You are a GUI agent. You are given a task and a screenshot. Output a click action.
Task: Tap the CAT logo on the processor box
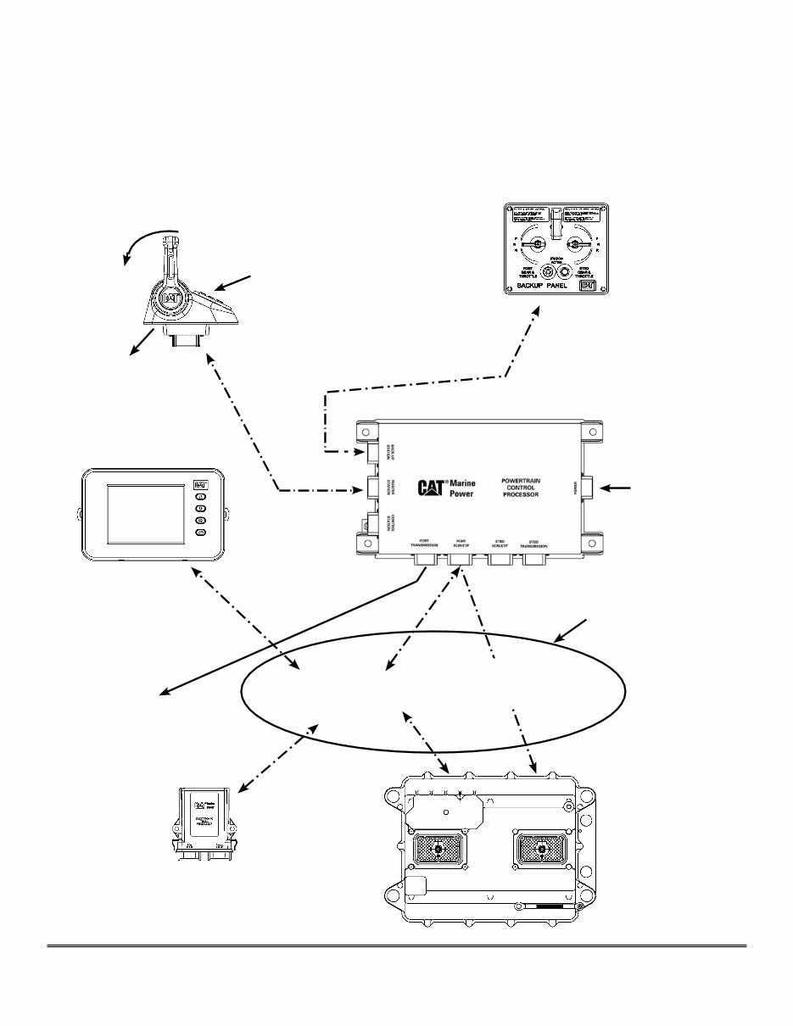click(x=432, y=488)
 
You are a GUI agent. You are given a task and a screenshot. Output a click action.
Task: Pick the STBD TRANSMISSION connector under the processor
click(x=534, y=560)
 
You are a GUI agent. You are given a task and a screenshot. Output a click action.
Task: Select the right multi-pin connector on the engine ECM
click(x=541, y=853)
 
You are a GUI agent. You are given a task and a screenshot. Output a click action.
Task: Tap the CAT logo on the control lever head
click(x=171, y=298)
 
